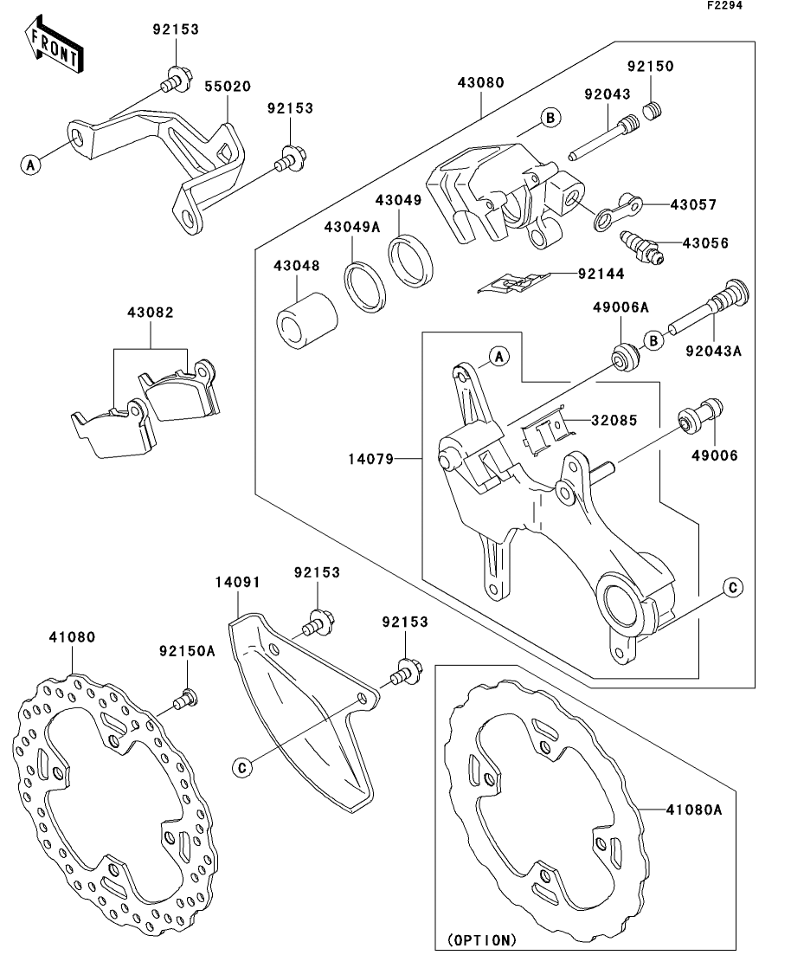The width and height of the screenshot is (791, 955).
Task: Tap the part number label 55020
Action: (228, 87)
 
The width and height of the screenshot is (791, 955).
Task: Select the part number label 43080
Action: (481, 83)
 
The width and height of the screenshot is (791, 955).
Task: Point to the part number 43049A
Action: (352, 227)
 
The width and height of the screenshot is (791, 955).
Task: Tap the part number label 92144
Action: (601, 274)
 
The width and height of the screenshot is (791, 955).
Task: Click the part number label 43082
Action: (150, 313)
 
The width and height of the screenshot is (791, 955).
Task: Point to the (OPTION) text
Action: (483, 939)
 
